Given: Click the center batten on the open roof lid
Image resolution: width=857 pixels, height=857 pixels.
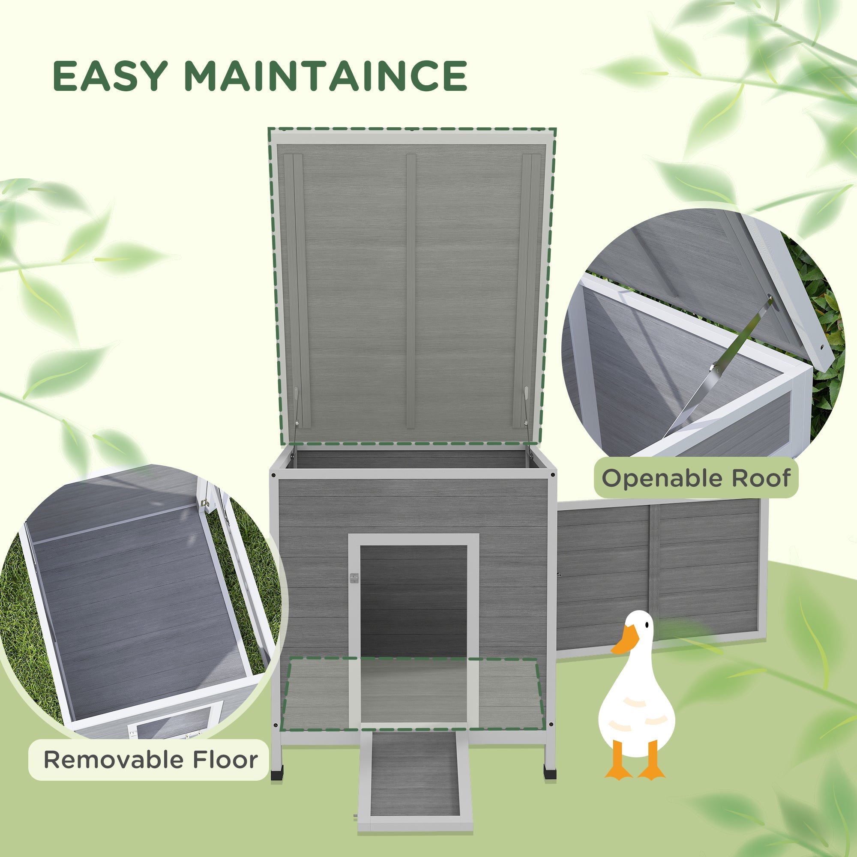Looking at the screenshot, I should (411, 291).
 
